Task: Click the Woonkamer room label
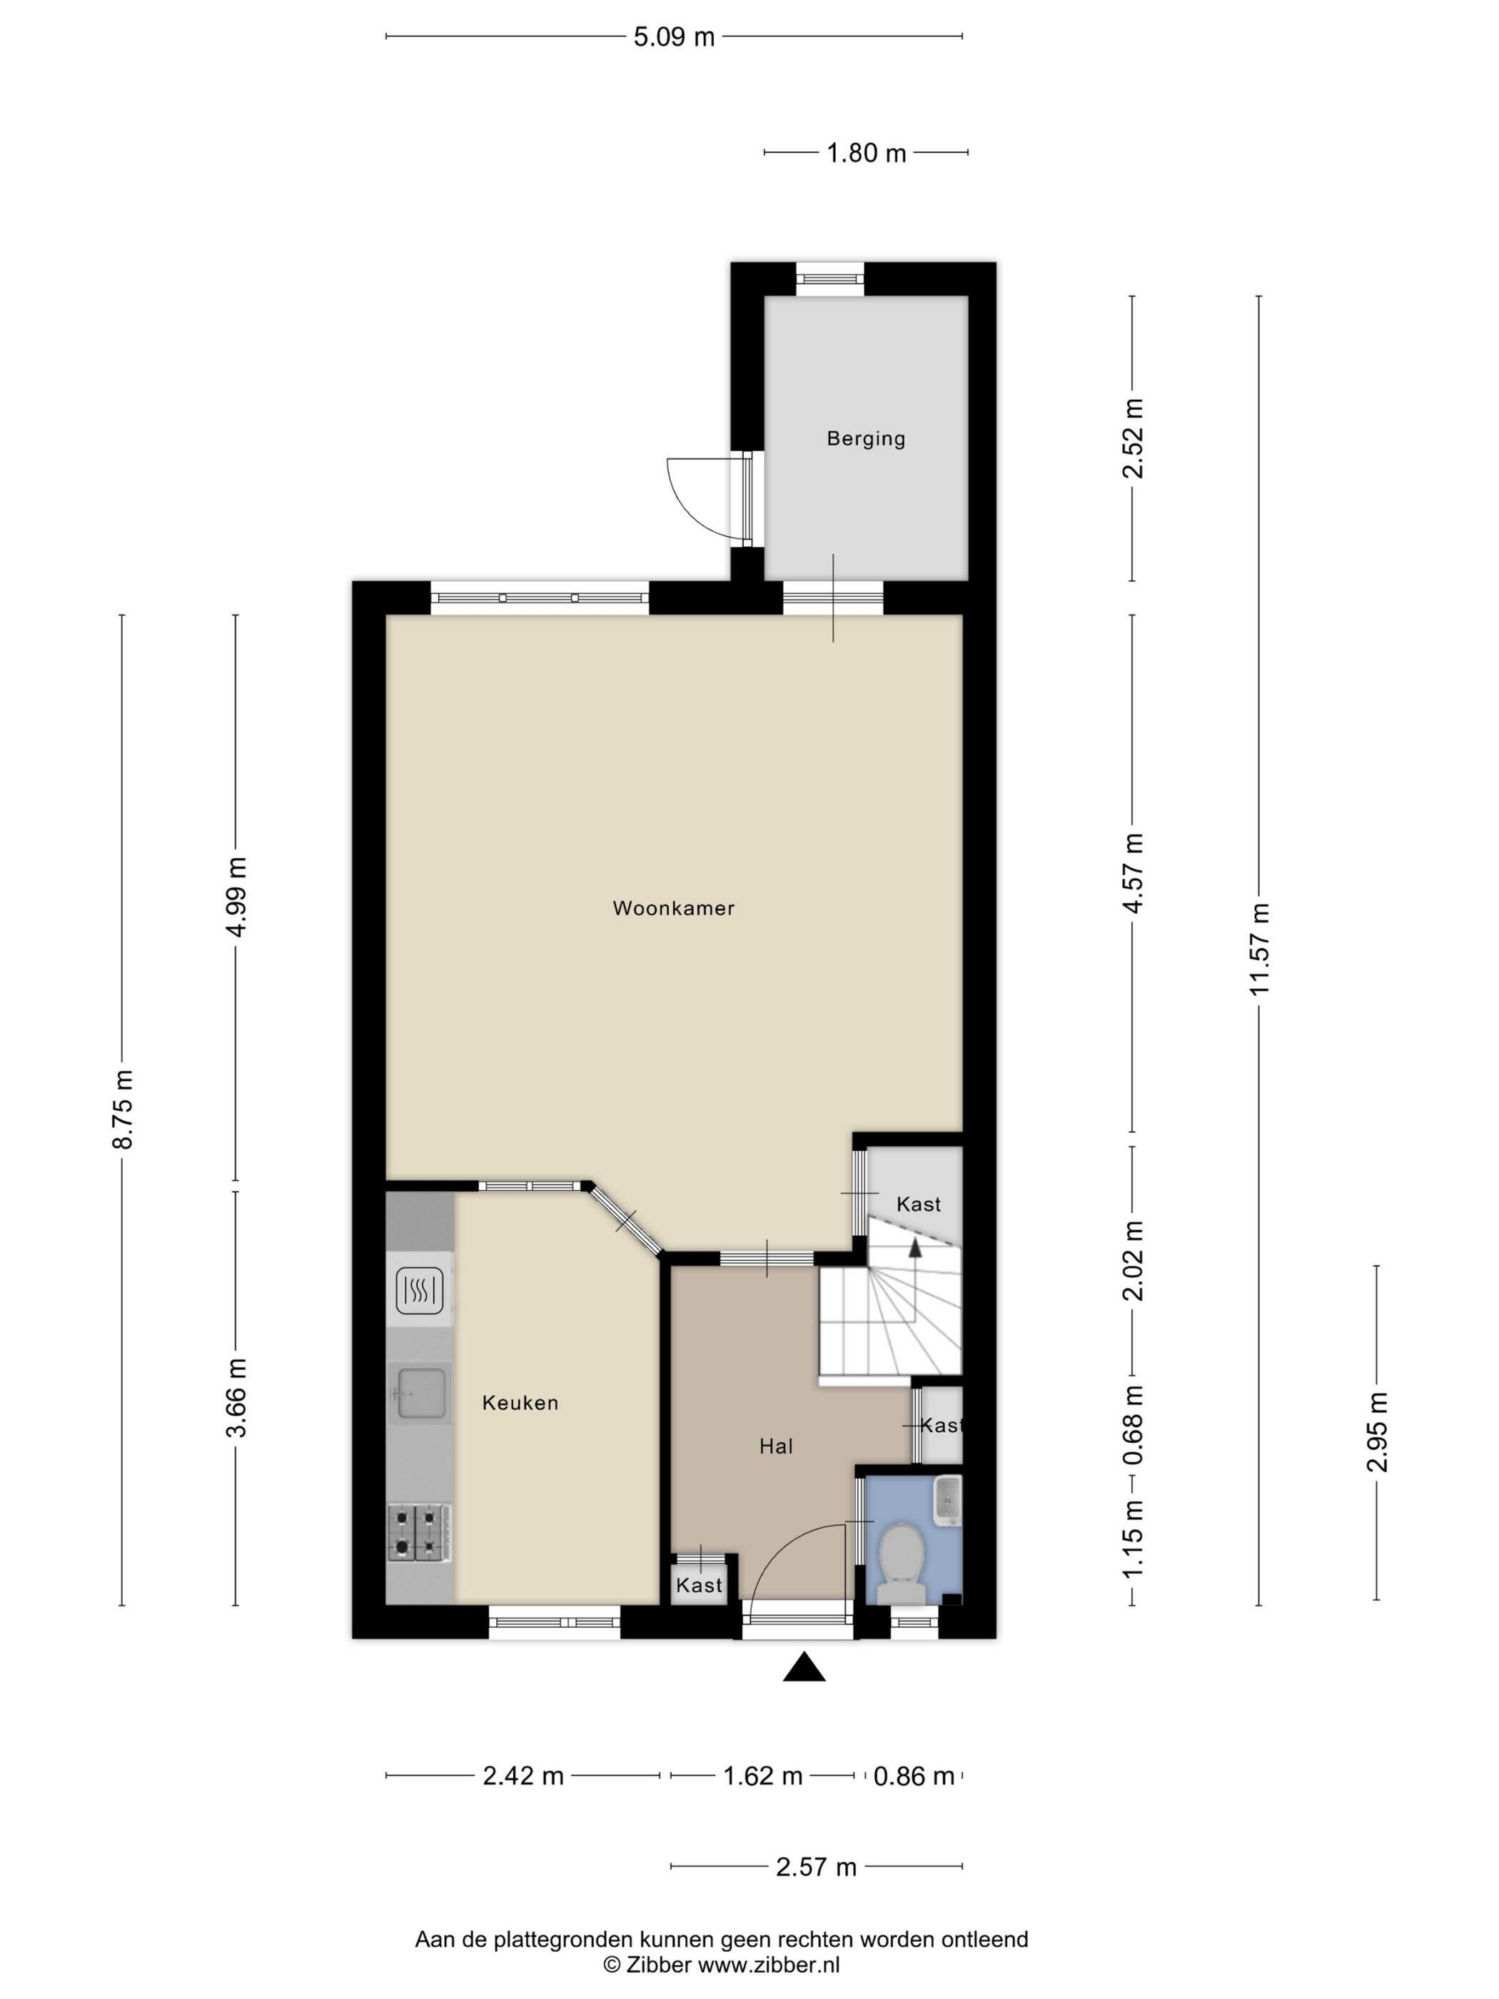[x=673, y=908]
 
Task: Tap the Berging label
[x=866, y=438]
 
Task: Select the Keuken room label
[x=520, y=1403]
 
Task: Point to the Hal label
[x=775, y=1446]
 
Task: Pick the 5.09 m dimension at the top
[x=674, y=37]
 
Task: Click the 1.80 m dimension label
[x=866, y=153]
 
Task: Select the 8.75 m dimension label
[x=122, y=1109]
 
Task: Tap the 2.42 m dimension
[x=523, y=1776]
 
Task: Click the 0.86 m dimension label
[x=914, y=1776]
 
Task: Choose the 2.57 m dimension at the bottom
[x=816, y=1866]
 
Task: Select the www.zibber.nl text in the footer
[x=768, y=1965]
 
